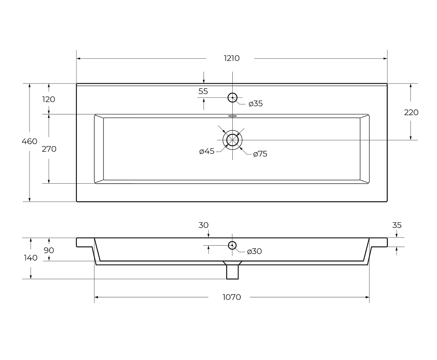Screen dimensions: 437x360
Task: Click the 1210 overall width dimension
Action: click(x=232, y=58)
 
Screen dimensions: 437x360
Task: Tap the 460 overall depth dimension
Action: click(x=29, y=141)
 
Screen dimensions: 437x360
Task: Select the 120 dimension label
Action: click(x=49, y=99)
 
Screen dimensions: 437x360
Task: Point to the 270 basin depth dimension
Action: click(x=49, y=149)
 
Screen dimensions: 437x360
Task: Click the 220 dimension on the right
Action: click(x=411, y=112)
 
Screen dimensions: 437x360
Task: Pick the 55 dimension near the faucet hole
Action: click(x=203, y=91)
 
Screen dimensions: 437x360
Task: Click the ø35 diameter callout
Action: click(x=256, y=103)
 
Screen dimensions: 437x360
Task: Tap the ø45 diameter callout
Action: click(x=207, y=151)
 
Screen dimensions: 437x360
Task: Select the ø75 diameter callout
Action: click(x=260, y=154)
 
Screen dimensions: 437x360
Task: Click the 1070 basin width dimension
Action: click(x=232, y=297)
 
